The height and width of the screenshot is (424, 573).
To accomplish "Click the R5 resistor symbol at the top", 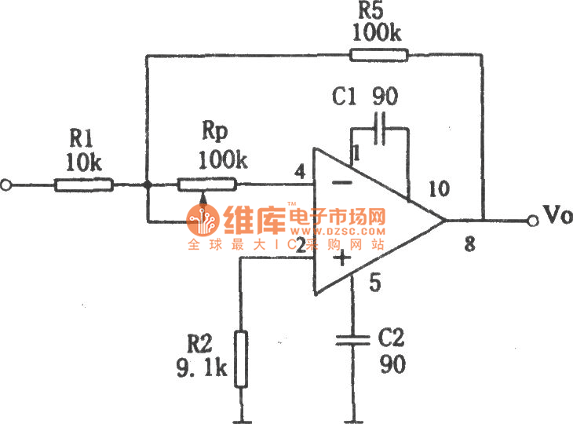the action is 379,54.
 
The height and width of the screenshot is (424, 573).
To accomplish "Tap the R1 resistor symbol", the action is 84,185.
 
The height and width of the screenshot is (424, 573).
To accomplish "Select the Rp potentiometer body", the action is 206,185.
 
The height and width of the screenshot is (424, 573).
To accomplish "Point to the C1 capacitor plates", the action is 381,128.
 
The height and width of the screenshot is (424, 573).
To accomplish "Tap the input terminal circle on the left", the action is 7,185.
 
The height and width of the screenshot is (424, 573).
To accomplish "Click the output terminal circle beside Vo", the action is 533,221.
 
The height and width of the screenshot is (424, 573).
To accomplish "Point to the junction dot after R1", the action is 147,185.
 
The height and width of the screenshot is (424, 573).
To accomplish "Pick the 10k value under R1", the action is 83,162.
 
